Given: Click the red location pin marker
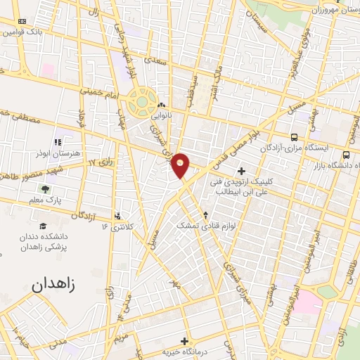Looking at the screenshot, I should (181, 166).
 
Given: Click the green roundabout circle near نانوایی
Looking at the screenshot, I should (143, 101).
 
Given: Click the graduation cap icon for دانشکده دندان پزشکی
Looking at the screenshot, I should (44, 226).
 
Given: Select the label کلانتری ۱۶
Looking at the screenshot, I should (120, 226).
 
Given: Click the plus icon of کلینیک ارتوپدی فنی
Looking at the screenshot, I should (242, 171).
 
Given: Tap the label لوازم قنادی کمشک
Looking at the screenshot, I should (205, 226).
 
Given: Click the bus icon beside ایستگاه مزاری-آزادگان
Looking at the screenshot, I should (294, 136).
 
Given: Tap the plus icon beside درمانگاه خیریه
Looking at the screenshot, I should (185, 341).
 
